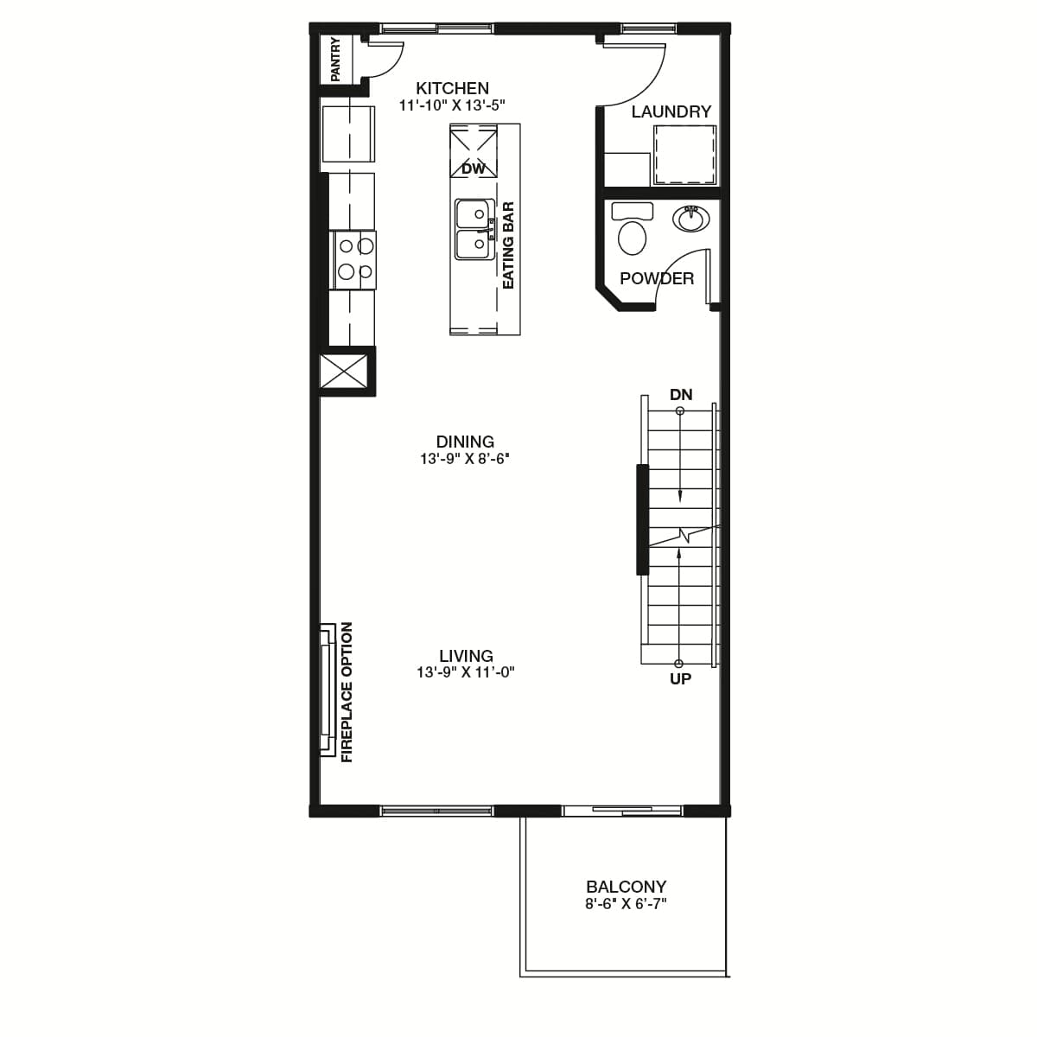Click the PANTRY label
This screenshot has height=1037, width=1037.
pos(335,60)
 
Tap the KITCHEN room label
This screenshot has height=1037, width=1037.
pos(452,88)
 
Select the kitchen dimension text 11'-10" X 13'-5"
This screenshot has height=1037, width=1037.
pos(452,105)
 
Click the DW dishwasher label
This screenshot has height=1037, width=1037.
pos(474,169)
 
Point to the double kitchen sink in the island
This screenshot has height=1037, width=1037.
pos(474,229)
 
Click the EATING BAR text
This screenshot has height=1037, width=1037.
pos(508,245)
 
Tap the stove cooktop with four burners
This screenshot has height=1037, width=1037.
pos(353,260)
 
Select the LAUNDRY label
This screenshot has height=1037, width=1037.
pos(671,111)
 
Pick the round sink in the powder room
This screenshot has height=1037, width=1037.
pos(691,219)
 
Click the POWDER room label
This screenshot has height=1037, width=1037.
pos(657,278)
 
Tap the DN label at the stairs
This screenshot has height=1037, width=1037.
pos(681,394)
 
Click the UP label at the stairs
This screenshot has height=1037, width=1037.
pos(680,679)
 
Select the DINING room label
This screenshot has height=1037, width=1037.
pos(465,442)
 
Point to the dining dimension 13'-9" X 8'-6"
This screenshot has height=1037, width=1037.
pos(465,459)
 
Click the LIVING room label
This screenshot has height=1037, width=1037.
pos(466,656)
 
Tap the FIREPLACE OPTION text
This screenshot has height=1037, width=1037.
pos(347,692)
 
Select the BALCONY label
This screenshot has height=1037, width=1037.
pos(626,887)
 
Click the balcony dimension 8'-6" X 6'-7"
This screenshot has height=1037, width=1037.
pos(626,904)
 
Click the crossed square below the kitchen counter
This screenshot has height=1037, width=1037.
pos(344,371)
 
